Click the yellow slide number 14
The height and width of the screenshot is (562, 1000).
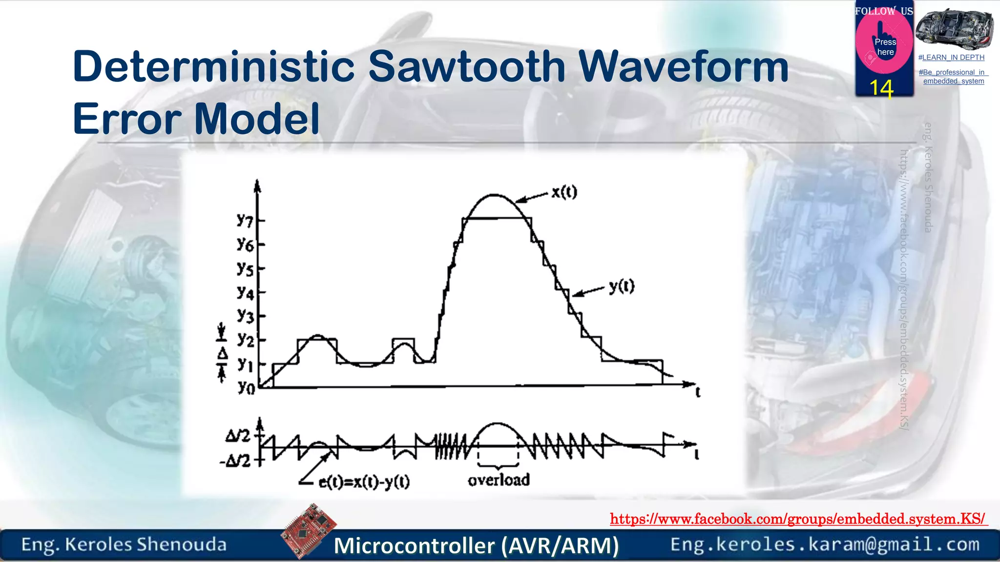pos(881,89)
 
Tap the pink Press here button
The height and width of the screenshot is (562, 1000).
pos(884,46)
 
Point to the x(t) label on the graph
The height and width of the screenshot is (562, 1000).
pos(564,192)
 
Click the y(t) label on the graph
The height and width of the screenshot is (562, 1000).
pos(622,286)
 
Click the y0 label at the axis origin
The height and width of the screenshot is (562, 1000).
pos(246,388)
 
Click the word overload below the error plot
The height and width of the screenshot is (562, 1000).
pos(499,480)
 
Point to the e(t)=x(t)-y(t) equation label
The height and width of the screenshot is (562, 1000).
pos(364,482)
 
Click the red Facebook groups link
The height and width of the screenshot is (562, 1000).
pos(798,519)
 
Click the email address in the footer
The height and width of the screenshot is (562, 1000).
pos(825,544)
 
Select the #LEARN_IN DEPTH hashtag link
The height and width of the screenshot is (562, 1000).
pos(951,58)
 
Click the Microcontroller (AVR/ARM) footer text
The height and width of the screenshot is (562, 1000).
pos(476,545)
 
